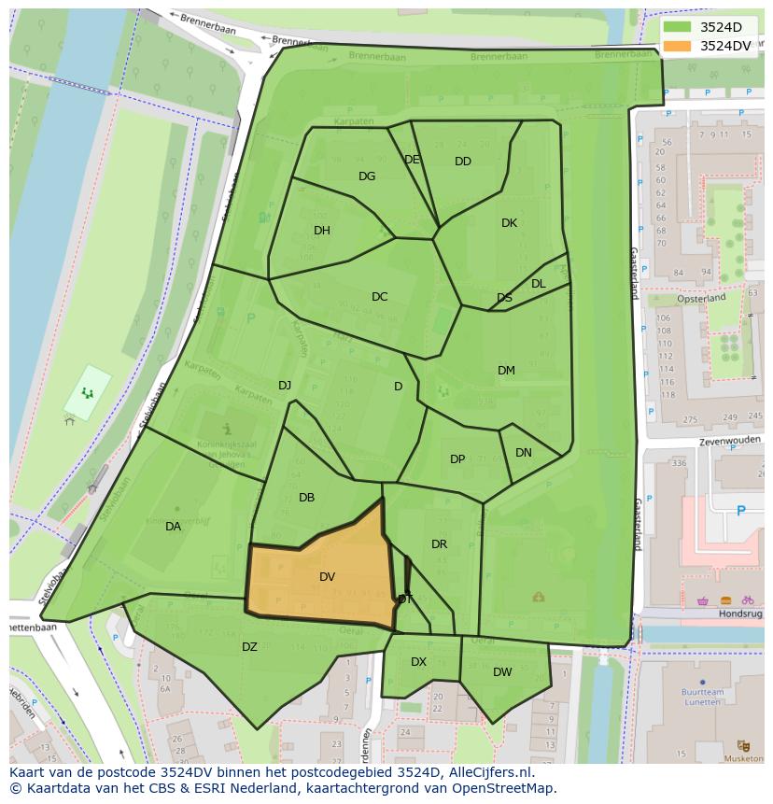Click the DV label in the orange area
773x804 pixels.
click(327, 577)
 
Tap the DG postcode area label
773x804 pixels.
click(367, 176)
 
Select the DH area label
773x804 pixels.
click(322, 231)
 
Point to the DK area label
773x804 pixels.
click(509, 223)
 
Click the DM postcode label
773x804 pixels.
click(506, 371)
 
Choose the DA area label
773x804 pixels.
click(173, 527)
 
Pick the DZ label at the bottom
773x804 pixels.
click(249, 647)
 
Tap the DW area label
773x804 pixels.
click(502, 671)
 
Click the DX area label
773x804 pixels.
click(418, 662)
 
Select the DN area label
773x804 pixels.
click(524, 453)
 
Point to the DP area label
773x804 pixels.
click(457, 459)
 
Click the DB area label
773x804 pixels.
click(306, 498)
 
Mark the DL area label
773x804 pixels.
click(539, 284)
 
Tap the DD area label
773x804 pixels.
click(463, 162)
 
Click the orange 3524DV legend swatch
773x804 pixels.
click(678, 46)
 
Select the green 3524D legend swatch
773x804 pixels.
click(678, 27)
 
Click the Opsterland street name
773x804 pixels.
click(702, 298)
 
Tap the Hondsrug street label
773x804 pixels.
click(740, 614)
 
